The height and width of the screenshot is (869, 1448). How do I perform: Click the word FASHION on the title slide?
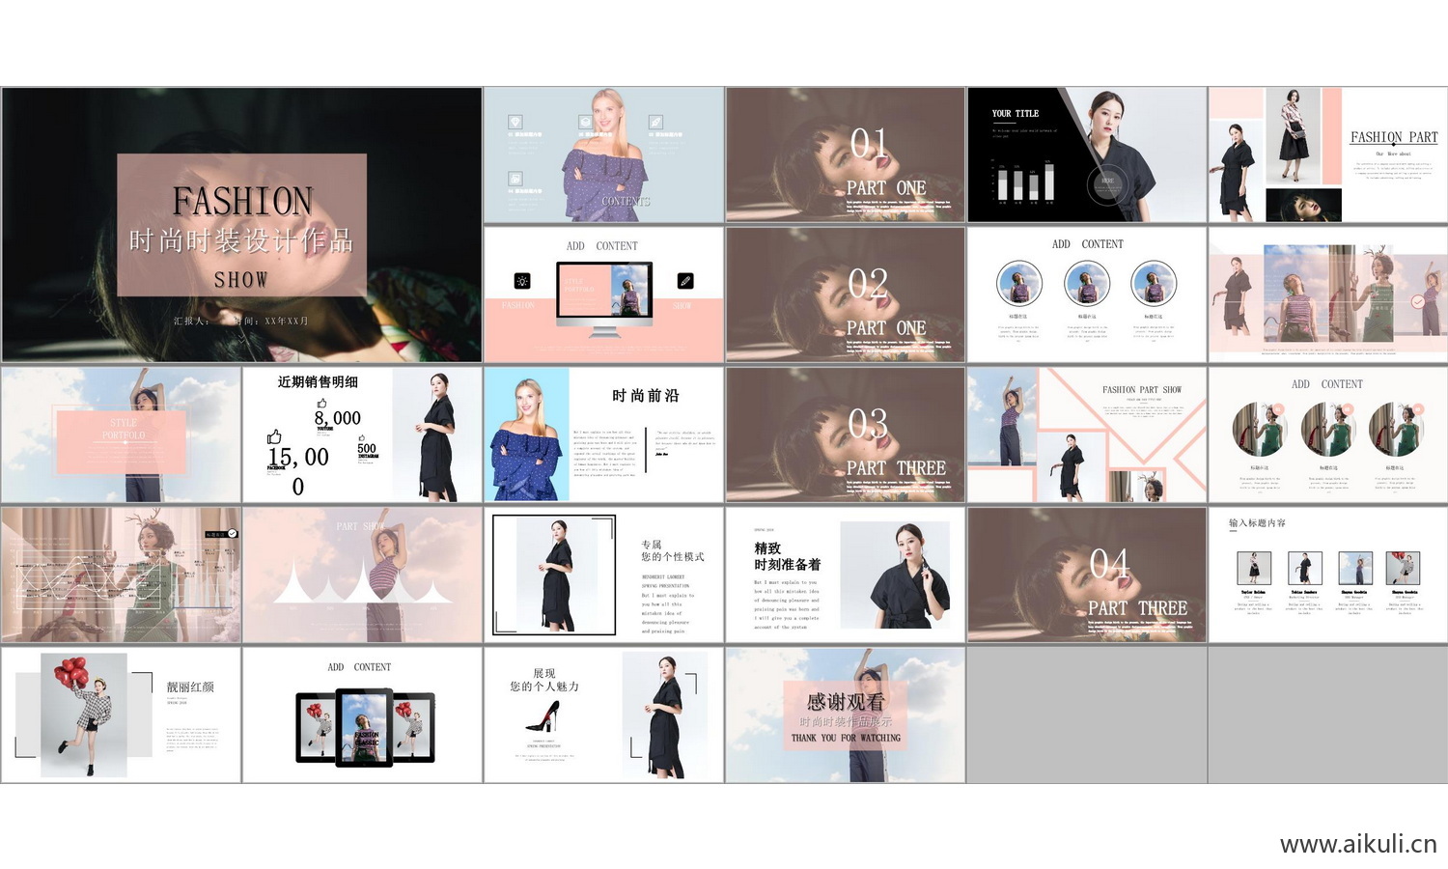[x=242, y=201]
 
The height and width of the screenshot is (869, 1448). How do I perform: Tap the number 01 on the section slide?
[x=869, y=144]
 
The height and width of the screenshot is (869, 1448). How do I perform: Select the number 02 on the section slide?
[x=868, y=284]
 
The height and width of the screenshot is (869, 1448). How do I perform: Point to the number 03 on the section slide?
[x=868, y=424]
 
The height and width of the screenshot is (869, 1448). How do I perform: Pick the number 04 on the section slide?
[x=1109, y=564]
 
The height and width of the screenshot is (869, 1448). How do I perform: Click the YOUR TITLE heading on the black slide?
[x=1016, y=114]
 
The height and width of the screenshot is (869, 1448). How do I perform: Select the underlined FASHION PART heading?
[x=1393, y=138]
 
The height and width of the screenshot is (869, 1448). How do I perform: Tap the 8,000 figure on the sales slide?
[x=337, y=418]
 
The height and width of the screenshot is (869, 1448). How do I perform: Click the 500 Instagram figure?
[x=367, y=449]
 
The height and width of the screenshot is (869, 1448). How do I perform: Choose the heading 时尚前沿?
[x=645, y=396]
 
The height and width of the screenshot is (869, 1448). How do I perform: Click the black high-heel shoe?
[x=543, y=715]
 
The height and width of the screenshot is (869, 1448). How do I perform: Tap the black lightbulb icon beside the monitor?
[x=522, y=281]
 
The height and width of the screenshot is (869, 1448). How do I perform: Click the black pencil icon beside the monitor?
[x=685, y=281]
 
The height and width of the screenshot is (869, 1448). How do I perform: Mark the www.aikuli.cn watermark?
[x=1357, y=844]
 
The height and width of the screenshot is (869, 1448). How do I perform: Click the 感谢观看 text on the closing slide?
[x=845, y=702]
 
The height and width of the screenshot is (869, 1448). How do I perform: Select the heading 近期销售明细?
[x=318, y=382]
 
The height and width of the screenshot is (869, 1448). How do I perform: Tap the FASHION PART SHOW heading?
[x=1142, y=390]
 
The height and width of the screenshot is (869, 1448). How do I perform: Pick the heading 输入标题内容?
[x=1257, y=523]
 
